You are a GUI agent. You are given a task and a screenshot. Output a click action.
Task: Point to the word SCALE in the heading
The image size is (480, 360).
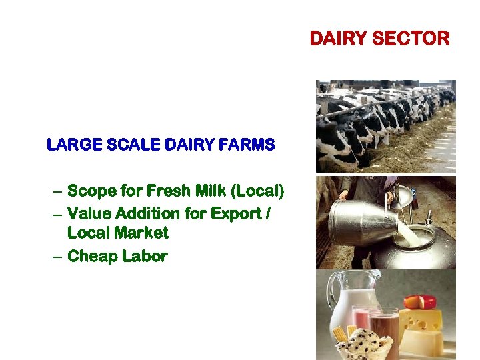[121, 144]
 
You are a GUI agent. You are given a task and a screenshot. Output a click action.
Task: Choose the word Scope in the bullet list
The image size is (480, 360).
[90, 192]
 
